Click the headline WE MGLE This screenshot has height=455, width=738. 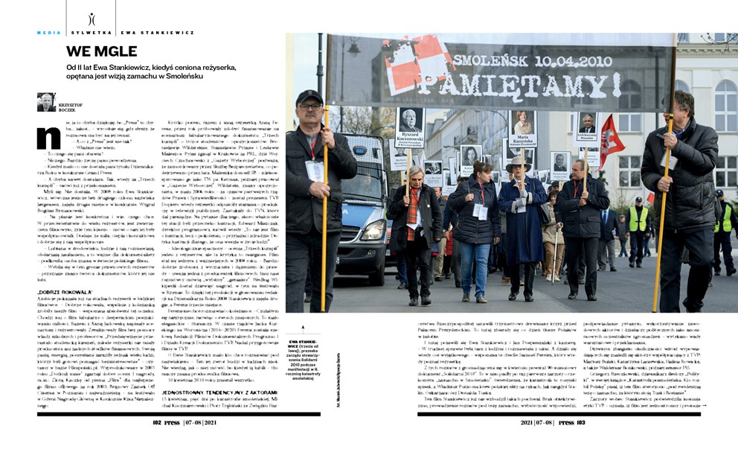coord(102,51)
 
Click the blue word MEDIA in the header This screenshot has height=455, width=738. coord(50,33)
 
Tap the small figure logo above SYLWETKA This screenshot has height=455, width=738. coord(91,19)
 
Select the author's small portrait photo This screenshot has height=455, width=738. coord(46,102)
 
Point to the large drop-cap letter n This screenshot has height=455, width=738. coord(49,138)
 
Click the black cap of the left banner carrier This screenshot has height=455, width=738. coord(308,97)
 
